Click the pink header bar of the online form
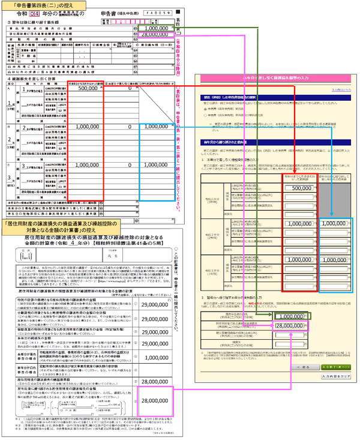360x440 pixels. (275, 78)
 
